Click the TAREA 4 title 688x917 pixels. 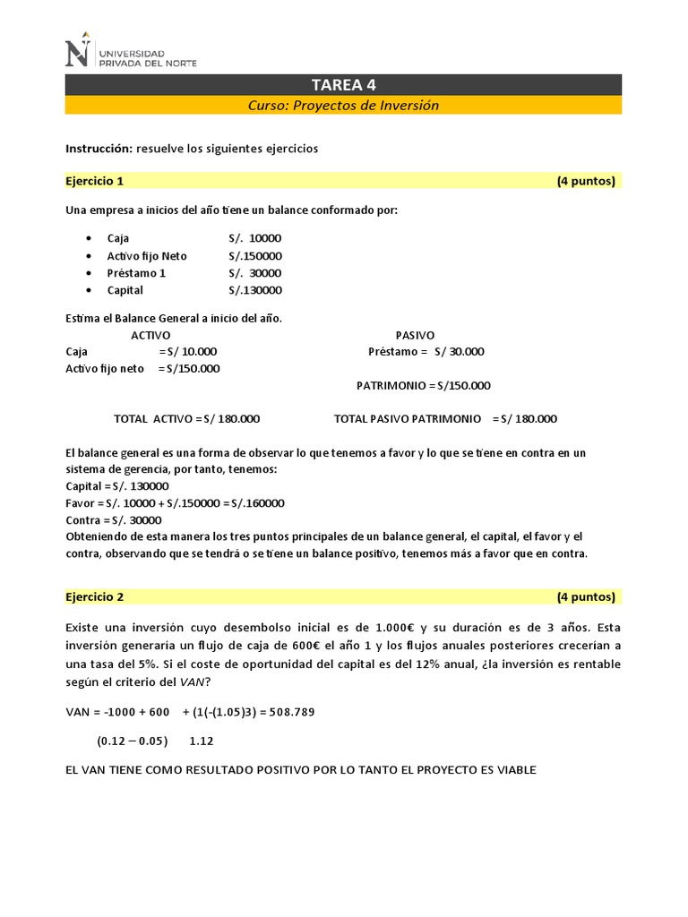[343, 85]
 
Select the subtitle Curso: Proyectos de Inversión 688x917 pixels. [343, 106]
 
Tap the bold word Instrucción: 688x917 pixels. [99, 149]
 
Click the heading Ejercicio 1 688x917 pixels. [94, 181]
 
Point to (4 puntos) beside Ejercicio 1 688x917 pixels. [586, 181]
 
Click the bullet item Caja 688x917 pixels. [118, 238]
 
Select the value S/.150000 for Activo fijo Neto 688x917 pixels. [255, 256]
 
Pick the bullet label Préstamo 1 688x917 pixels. [136, 273]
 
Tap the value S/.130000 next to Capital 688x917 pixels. [255, 290]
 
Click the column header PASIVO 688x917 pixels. [415, 334]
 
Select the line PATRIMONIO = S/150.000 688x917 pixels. [423, 385]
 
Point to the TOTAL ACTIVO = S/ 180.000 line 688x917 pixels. [186, 418]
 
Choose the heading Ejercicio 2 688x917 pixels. [94, 596]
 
